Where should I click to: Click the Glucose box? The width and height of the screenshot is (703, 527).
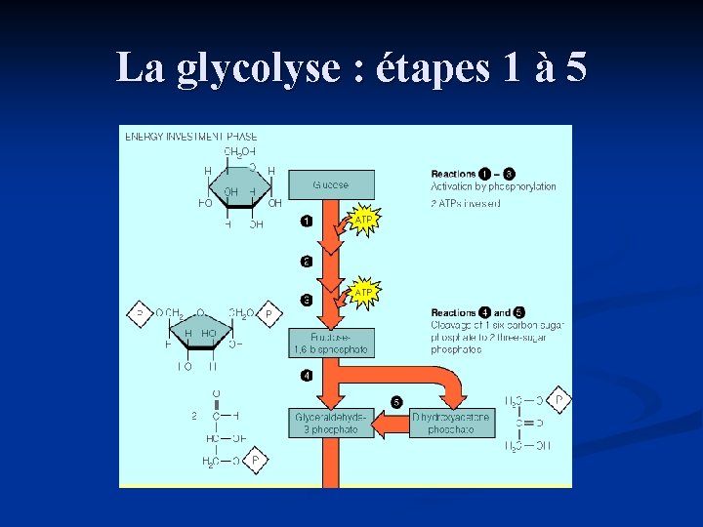330,184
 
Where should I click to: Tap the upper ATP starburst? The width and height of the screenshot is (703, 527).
363,221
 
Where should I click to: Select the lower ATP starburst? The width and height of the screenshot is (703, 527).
363,292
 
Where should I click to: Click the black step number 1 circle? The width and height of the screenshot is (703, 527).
307,221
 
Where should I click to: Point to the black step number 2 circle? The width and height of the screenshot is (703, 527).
307,262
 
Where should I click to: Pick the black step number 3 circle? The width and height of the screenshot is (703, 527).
307,300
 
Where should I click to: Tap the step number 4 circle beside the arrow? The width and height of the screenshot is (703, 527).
307,375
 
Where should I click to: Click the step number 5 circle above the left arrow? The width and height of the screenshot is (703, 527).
395,401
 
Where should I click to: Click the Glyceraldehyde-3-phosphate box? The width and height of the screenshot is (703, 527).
330,423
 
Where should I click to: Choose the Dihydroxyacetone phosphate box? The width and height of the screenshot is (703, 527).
452,423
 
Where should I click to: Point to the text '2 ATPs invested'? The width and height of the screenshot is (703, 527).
466,203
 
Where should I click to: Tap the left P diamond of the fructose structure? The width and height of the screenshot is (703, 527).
140,314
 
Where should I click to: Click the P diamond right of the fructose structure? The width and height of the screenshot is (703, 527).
269,314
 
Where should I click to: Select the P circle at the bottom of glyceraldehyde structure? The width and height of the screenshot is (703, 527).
255,460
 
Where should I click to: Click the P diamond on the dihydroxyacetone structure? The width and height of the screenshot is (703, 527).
558,400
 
